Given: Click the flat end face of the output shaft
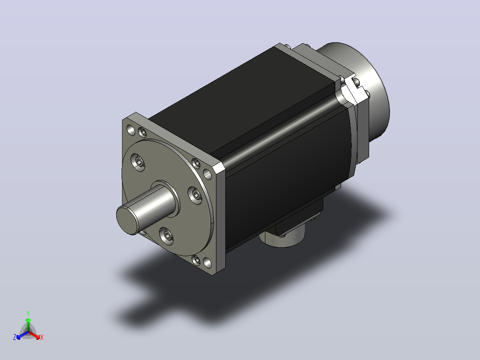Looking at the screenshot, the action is coord(127,220).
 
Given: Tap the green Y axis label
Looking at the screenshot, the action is coord(28,313).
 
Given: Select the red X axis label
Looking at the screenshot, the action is coord(42,337).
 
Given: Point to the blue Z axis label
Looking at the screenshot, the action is coord(15,337).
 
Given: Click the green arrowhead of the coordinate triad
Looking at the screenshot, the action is coord(28,320).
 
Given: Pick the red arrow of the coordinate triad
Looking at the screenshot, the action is coord(34,335).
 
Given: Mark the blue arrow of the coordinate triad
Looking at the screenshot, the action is coord(22,335).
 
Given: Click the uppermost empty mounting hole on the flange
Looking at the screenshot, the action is coord(131,130).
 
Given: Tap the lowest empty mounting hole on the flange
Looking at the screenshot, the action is coord(207,263).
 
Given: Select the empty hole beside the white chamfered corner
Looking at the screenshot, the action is coord(207,175).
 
